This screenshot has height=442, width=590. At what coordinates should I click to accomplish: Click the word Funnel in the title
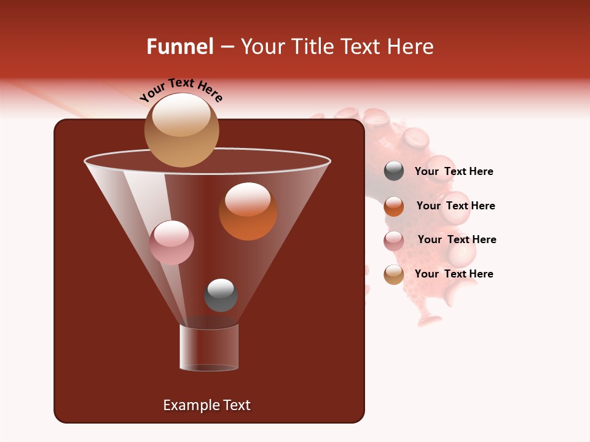point(179,46)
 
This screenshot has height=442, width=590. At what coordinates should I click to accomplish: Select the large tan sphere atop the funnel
point(182,130)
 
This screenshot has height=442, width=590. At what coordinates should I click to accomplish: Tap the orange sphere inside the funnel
point(248,211)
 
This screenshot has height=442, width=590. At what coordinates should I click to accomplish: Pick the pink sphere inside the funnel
point(171,242)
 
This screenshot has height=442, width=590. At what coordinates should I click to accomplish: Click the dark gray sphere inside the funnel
point(221,295)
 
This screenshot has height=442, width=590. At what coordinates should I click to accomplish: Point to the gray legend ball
point(394,171)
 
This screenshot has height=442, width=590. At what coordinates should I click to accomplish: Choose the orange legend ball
point(394,206)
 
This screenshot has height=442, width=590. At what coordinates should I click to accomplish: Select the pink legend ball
point(394,241)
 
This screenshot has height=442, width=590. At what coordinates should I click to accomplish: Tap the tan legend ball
point(394,274)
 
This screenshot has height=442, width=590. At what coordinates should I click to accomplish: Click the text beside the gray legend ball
point(454,171)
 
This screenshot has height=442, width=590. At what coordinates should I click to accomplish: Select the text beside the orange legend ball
point(455,206)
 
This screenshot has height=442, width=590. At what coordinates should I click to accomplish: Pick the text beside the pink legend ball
point(457,239)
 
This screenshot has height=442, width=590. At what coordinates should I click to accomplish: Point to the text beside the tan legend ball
point(454,274)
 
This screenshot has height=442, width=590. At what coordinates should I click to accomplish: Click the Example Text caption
point(206,405)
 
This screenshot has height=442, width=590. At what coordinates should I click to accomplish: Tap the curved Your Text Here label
point(181,90)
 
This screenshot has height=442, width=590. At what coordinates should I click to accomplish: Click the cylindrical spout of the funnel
point(208,347)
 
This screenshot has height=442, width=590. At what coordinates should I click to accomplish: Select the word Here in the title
point(411,46)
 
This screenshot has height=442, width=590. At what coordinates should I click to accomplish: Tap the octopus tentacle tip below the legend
point(429,319)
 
